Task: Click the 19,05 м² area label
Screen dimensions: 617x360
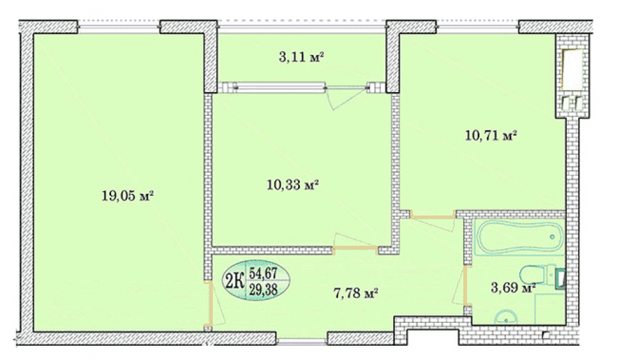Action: pyautogui.click(x=128, y=195)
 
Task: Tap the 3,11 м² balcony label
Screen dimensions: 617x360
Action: pyautogui.click(x=302, y=57)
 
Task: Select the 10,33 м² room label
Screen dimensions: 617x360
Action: pyautogui.click(x=292, y=185)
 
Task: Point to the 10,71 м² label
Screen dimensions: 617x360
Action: pyautogui.click(x=491, y=136)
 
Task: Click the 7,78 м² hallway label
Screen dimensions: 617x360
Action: pyautogui.click(x=356, y=293)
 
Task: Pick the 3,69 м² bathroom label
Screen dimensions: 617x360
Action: pyautogui.click(x=513, y=288)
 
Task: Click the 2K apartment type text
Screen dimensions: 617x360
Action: pyautogui.click(x=234, y=281)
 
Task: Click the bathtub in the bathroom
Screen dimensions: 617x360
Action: pyautogui.click(x=519, y=238)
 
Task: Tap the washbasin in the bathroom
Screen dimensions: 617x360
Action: pyautogui.click(x=505, y=317)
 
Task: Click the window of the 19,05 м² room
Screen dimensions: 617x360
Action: pyautogui.click(x=119, y=27)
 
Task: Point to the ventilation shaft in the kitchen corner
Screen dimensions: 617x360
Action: pyautogui.click(x=573, y=75)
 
